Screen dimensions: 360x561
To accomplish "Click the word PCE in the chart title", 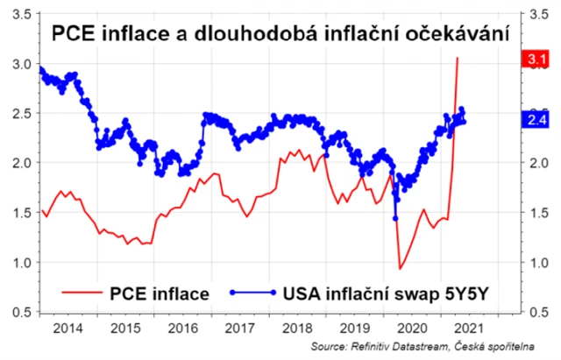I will pos(73,34).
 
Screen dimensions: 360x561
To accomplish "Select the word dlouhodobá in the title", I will pos(273,34).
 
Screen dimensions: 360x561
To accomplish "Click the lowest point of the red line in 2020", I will pos(401,269).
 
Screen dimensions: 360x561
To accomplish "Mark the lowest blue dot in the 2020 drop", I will pos(395,218).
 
